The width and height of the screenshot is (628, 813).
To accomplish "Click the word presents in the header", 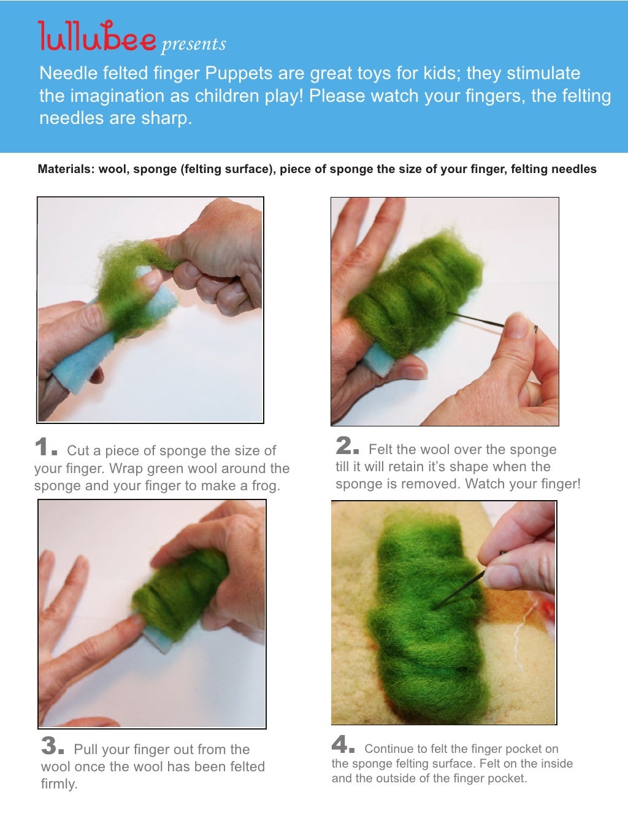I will coord(194,45).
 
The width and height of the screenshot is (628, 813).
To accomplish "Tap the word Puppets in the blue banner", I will coord(239,74).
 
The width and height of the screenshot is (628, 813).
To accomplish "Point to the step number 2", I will coord(347,445).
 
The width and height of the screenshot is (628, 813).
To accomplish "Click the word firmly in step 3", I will coord(58,784).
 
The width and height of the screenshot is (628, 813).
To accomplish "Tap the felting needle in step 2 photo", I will coord(478,320).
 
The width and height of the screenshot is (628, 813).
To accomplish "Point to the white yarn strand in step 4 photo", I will coord(518,644).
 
